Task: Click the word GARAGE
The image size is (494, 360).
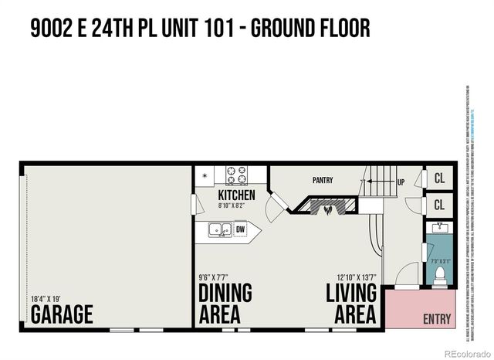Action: tap(62, 315)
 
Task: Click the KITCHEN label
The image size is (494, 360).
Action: tap(236, 195)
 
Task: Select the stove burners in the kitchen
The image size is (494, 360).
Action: tap(235, 175)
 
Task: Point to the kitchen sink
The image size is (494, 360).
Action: tap(218, 229)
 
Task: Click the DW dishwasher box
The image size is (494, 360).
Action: tap(240, 229)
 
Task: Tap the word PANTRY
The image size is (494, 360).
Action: tap(323, 181)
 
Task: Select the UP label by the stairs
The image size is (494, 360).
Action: tap(401, 184)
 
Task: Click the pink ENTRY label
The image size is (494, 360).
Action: tap(438, 318)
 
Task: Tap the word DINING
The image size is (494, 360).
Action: tap(225, 294)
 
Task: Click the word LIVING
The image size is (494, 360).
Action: tap(351, 294)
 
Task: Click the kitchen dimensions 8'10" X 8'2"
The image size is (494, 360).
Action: tap(236, 206)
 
